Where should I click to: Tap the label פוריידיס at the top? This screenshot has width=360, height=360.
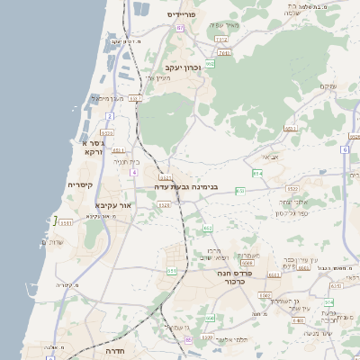[183, 15]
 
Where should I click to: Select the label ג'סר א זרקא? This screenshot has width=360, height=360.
[92, 148]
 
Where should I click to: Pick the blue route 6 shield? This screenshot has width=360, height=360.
[345, 150]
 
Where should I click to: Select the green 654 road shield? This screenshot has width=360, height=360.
[258, 173]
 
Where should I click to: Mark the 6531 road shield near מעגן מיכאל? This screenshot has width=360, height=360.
[135, 99]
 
